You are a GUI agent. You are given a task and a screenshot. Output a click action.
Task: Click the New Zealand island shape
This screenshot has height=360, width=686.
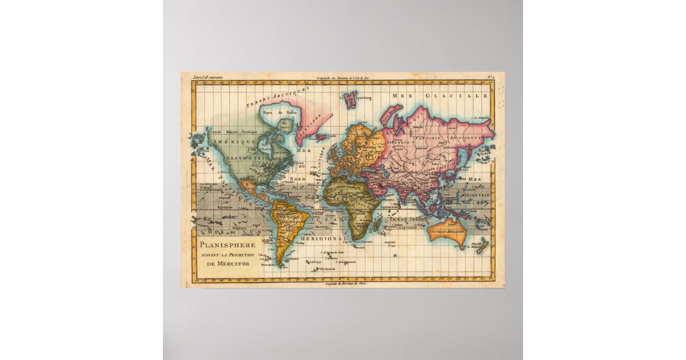point(481,246)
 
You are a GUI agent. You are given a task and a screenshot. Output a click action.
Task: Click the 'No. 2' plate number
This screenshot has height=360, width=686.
point(490,77)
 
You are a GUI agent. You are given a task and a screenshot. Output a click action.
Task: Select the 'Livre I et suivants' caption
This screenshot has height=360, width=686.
point(208,77)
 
